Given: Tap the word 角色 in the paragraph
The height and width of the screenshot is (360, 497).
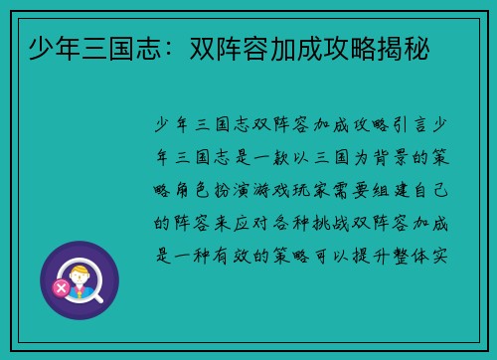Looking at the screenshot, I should (192, 188).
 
